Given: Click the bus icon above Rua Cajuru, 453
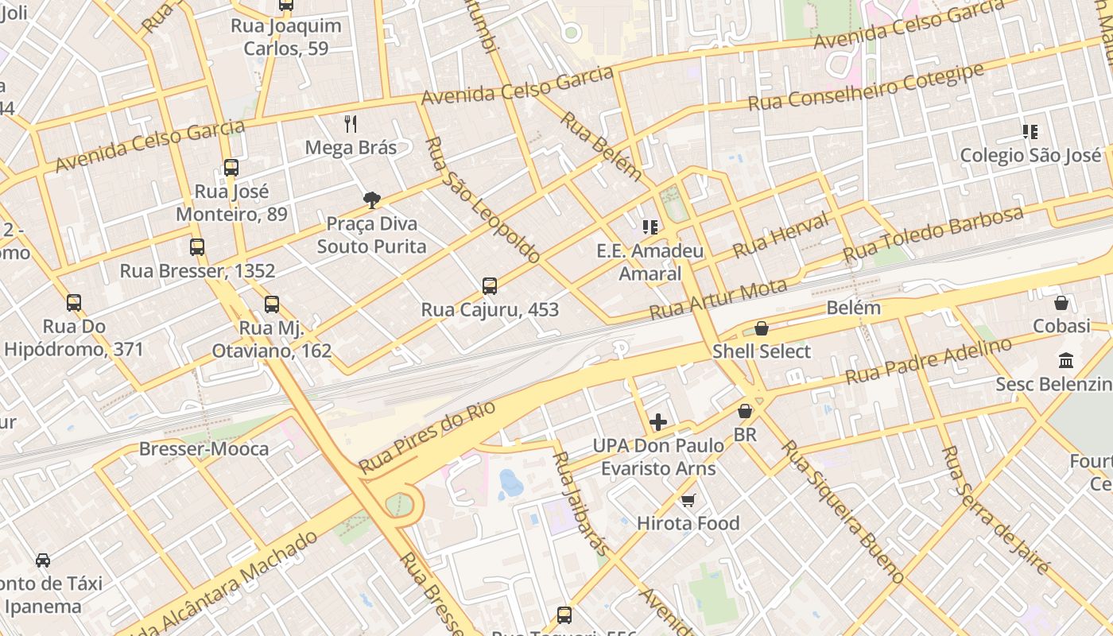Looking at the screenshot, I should [x=490, y=285].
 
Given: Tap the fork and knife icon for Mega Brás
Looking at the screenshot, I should [x=351, y=123].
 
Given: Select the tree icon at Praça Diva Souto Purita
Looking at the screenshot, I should [x=371, y=200].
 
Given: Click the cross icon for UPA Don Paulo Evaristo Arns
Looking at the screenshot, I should [x=658, y=421].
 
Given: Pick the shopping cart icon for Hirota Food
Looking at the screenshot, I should [x=688, y=500].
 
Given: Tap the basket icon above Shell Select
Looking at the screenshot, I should [x=762, y=328].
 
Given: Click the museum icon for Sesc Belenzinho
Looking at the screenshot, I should [x=1066, y=360].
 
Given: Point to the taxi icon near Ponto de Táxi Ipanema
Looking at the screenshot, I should [x=43, y=560].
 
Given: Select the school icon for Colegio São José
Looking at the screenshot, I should [x=1030, y=131].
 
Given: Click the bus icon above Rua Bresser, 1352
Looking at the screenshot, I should [x=197, y=247].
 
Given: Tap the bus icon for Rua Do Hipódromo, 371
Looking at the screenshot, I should [x=74, y=303].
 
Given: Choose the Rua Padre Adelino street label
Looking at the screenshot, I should [x=928, y=361].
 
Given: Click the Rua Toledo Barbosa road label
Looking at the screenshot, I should [x=933, y=235].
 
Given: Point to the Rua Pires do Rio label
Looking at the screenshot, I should [x=427, y=437].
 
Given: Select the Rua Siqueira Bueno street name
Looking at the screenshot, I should [x=842, y=511].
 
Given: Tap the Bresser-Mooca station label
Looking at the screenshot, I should [x=204, y=449].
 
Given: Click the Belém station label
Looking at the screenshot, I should [x=854, y=308].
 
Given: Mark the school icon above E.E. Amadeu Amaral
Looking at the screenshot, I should [x=650, y=227].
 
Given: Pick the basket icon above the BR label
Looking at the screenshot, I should [x=745, y=411].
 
